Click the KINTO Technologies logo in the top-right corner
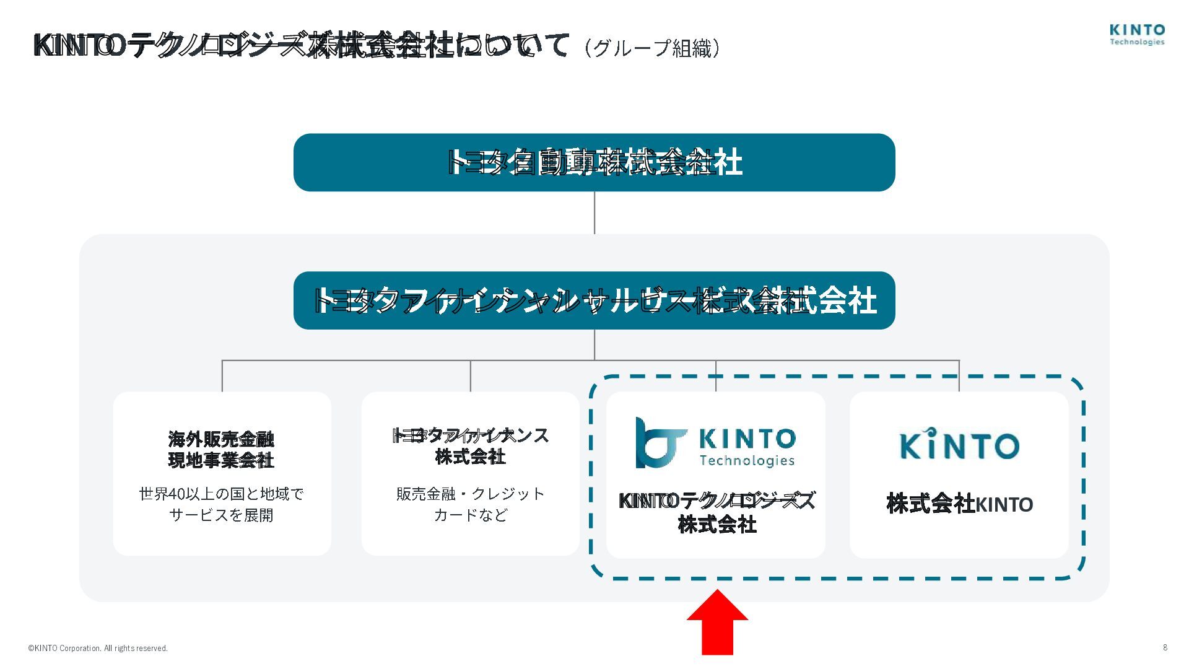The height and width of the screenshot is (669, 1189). (x=1137, y=35)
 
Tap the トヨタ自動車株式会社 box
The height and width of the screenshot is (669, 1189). (x=594, y=162)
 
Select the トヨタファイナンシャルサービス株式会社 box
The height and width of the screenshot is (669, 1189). (x=594, y=300)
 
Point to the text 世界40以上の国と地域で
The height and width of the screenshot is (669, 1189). (x=221, y=494)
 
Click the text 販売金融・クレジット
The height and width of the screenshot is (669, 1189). (x=470, y=494)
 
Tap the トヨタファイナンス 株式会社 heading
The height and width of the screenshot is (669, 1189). (x=470, y=446)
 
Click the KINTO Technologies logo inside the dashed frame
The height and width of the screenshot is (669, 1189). (x=715, y=443)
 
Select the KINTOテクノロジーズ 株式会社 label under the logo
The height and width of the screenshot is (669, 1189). (x=716, y=512)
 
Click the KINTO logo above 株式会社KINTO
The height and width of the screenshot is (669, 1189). (x=959, y=444)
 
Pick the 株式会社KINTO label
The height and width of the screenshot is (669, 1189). (x=959, y=504)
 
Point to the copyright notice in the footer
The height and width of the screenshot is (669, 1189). (x=98, y=649)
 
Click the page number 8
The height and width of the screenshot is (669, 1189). (x=1165, y=647)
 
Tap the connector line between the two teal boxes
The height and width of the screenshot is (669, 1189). (x=594, y=212)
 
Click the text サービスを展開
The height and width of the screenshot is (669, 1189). (x=221, y=515)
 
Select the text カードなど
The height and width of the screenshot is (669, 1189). (x=470, y=515)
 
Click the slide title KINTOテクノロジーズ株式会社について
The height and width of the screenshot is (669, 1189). (x=300, y=46)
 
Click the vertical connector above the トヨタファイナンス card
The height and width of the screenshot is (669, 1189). (x=471, y=375)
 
